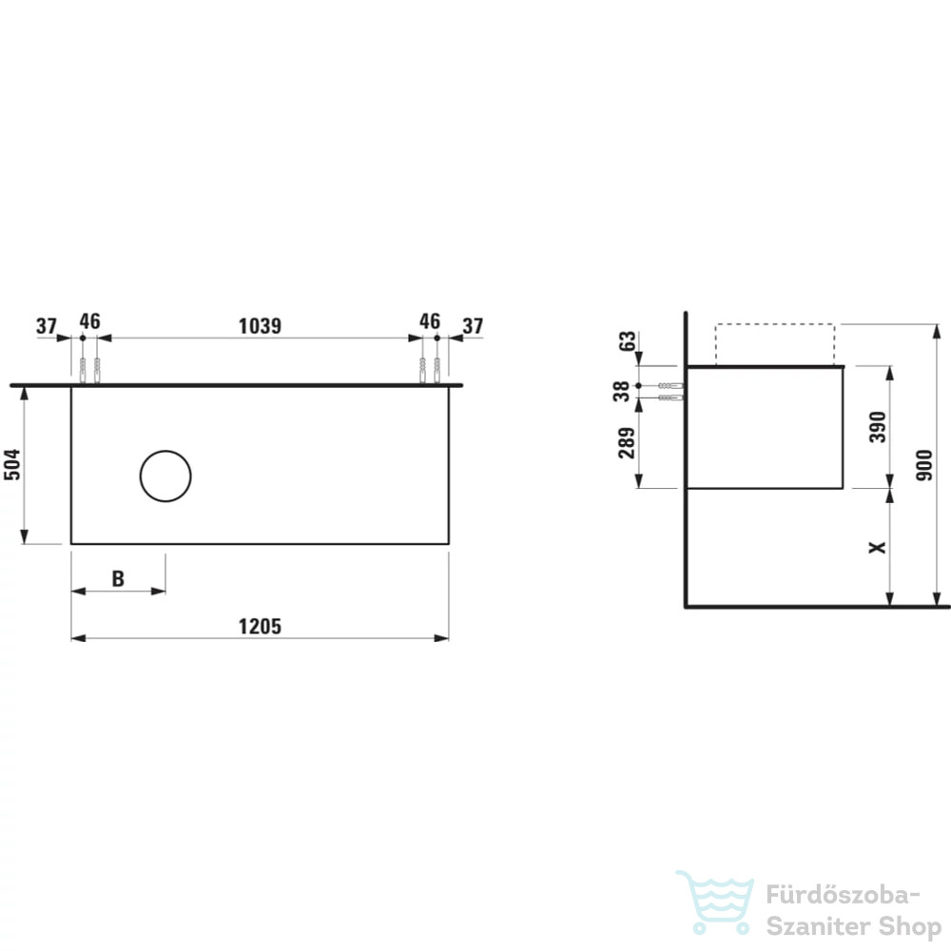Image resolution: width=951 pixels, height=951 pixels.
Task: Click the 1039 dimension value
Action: click(260, 326)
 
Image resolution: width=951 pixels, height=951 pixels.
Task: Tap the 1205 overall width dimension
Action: click(260, 627)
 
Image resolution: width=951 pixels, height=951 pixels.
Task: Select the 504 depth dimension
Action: click(12, 465)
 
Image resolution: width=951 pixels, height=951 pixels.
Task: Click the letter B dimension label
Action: click(118, 578)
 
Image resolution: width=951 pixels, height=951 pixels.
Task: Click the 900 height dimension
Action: click(923, 465)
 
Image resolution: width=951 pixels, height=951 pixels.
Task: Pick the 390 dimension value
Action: click(878, 427)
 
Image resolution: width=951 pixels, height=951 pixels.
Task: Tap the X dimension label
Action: click(878, 548)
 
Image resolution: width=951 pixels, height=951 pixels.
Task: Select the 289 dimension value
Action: click(627, 443)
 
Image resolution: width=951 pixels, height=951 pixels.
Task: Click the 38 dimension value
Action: click(621, 391)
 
